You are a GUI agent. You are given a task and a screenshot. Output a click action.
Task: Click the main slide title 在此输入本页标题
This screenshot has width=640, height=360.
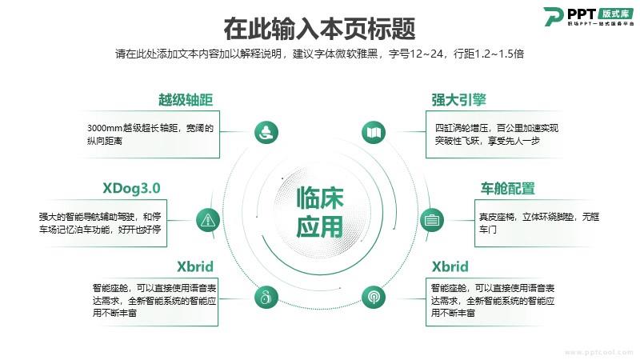(x=319, y=29)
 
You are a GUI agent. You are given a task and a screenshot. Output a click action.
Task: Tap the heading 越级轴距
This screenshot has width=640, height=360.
(x=186, y=100)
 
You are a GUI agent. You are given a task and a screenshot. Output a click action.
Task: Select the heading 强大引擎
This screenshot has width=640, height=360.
(x=458, y=100)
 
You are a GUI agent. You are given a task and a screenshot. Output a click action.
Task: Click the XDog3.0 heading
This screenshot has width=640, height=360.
(x=131, y=188)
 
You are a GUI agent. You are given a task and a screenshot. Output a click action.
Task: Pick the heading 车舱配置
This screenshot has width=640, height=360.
(x=507, y=189)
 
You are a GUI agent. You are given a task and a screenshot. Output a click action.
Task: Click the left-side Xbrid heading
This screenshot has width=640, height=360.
(x=195, y=266)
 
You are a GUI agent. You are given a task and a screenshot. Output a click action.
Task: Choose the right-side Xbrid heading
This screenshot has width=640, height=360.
(x=450, y=266)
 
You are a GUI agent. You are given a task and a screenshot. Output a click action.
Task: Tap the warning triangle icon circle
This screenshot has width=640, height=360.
(x=208, y=221)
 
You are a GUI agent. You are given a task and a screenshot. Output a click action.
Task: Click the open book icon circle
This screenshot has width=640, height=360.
(x=374, y=132)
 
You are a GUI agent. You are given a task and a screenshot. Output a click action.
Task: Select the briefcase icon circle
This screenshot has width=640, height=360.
(x=432, y=220)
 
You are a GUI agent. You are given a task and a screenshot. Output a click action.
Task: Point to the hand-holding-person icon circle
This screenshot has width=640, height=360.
(x=266, y=132)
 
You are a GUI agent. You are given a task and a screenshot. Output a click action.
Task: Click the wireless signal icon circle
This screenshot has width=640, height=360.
(x=374, y=297)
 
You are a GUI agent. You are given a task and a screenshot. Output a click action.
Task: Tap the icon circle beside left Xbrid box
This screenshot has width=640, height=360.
(x=266, y=297)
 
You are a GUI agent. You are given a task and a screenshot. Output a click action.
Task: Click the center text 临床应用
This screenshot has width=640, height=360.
(x=320, y=212)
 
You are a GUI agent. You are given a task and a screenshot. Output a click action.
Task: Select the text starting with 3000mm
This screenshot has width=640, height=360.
(x=150, y=134)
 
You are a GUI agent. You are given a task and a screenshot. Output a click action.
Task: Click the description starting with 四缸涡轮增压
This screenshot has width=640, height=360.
(x=496, y=134)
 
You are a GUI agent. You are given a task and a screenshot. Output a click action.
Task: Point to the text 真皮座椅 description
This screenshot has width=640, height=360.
(x=538, y=223)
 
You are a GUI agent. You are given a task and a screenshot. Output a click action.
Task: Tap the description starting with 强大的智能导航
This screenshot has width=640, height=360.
(x=100, y=223)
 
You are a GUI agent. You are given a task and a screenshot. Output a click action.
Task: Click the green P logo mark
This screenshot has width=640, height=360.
(x=554, y=17)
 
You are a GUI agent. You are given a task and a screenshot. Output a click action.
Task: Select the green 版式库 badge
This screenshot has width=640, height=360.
(x=616, y=14)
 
